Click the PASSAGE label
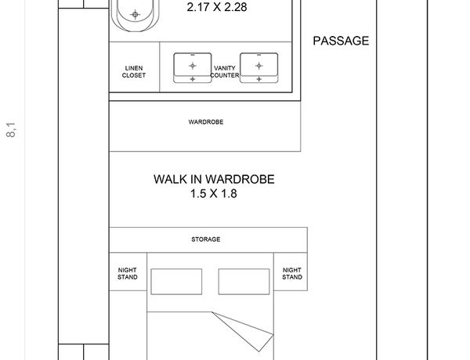tap(341, 41)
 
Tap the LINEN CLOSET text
tap(134, 72)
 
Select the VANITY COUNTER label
tap(225, 72)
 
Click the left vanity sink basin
tap(193, 67)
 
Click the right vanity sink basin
tap(259, 67)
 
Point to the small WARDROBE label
tap(206, 122)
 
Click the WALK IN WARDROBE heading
tap(214, 179)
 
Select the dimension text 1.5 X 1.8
tap(214, 193)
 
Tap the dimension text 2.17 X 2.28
tap(217, 7)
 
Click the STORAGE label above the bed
tap(206, 239)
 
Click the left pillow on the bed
tap(176, 282)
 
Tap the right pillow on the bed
tap(244, 282)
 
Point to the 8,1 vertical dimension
tap(11, 129)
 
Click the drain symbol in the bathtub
tap(136, 14)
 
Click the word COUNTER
tap(225, 75)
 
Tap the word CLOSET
tap(134, 75)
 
